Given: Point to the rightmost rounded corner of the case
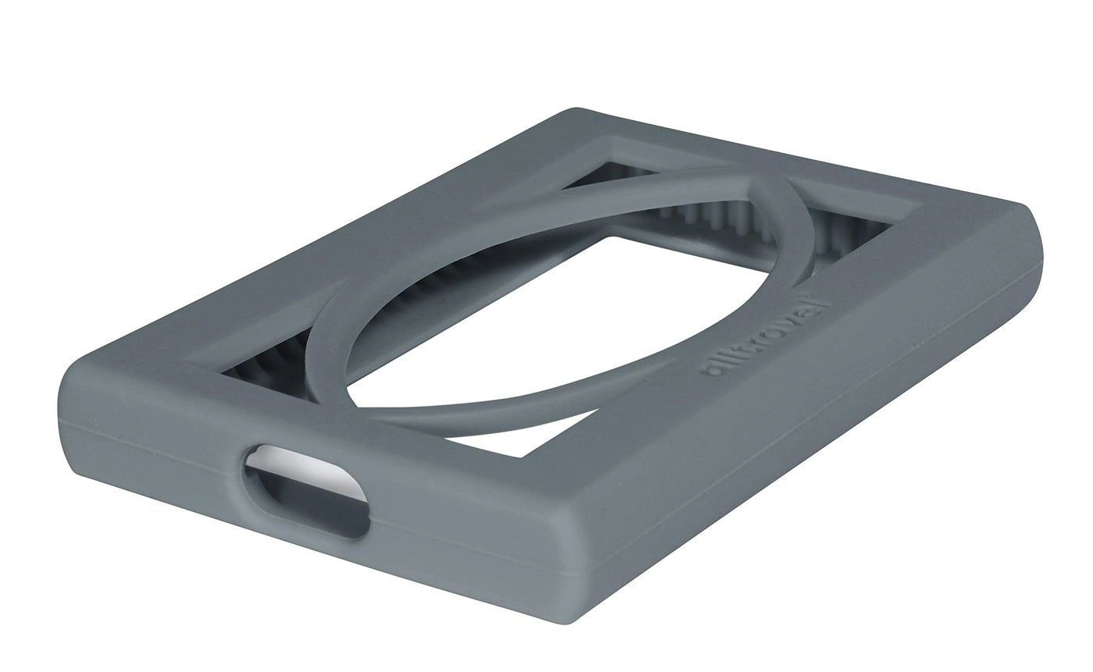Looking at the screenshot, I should click(x=1034, y=226).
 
